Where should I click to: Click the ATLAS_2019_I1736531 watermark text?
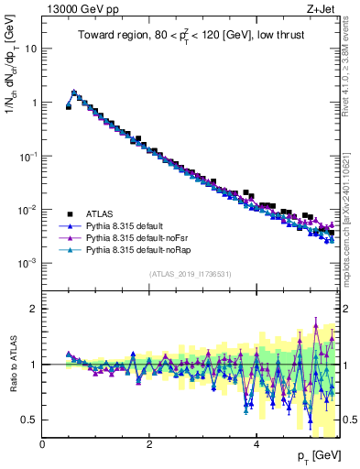pyautogui.click(x=191, y=275)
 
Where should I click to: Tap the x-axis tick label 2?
pyautogui.click(x=149, y=445)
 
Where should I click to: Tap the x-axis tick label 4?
pyautogui.click(x=256, y=445)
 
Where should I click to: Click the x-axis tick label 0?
pyautogui.click(x=43, y=445)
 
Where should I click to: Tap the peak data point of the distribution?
pyautogui.click(x=74, y=93)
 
